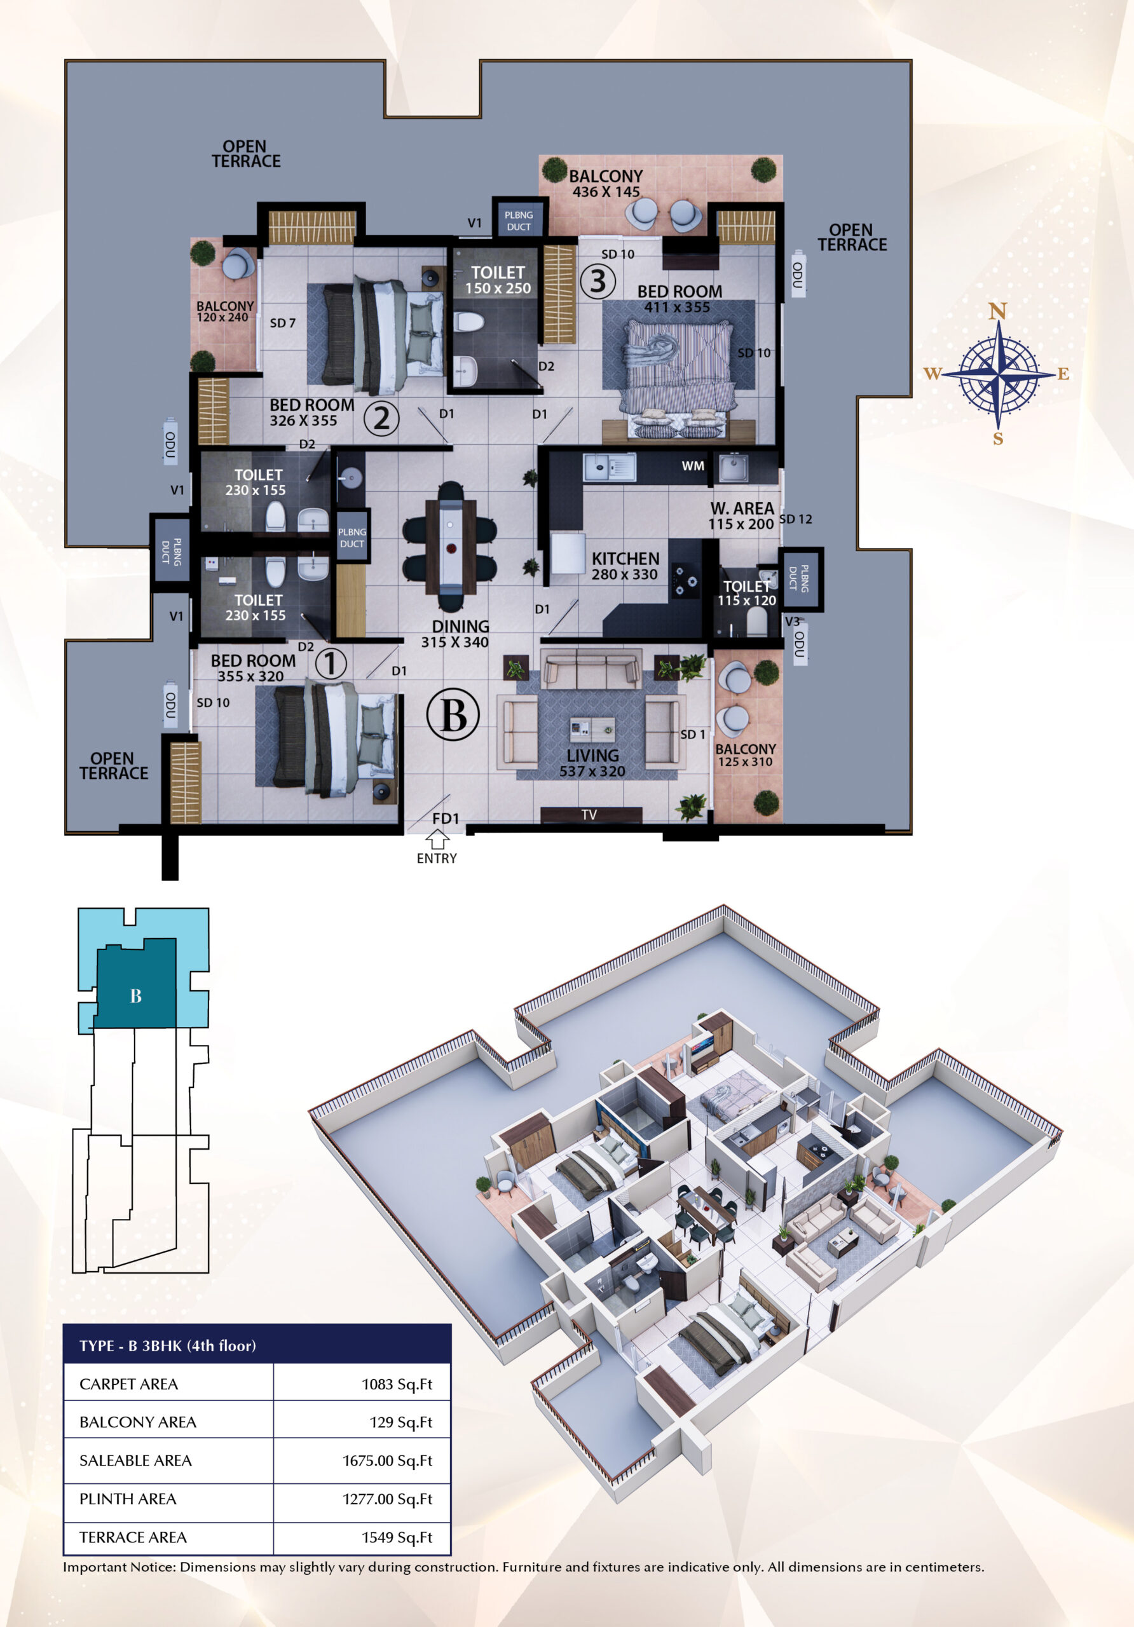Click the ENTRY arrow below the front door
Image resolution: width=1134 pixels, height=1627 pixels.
coord(437,840)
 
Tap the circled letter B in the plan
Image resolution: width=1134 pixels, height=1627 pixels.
coord(453,714)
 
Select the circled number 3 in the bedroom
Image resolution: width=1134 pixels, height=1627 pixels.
coord(598,282)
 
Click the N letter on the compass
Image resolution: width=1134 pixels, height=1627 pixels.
coord(998,311)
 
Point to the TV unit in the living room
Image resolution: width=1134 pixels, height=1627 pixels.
coord(591,815)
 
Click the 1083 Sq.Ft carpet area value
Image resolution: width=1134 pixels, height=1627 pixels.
coord(397,1385)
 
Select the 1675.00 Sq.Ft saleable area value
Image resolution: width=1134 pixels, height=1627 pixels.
coord(388,1461)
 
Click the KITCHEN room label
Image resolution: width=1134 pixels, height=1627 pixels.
coord(626,559)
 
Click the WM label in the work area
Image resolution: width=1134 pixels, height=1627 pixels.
coord(693,466)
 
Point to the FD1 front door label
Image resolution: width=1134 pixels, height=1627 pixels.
coord(446,819)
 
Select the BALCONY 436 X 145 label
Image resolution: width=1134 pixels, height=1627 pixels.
coord(606,184)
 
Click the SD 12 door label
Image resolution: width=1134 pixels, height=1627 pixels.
coord(796,519)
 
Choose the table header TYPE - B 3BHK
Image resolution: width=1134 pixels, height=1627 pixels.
coord(167,1345)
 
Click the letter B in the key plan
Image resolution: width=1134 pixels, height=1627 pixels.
coord(136,996)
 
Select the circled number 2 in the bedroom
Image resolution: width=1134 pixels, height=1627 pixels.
coord(381,418)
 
